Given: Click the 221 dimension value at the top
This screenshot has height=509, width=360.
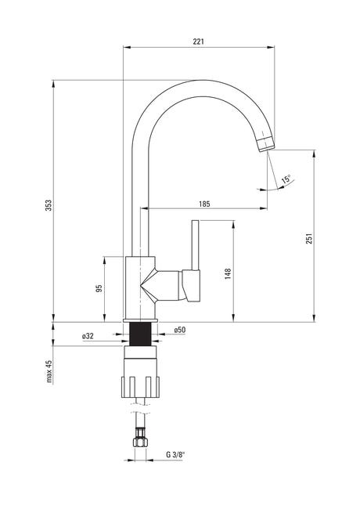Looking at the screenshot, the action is (199, 42).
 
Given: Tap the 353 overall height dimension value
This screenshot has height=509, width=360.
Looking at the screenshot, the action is (49, 205).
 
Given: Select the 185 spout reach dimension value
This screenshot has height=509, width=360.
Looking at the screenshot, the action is (204, 204).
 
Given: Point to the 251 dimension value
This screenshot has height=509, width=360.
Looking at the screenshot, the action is (309, 239).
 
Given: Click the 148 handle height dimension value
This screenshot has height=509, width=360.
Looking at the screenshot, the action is (228, 274).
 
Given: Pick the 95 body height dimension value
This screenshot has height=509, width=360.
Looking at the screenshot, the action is (99, 288).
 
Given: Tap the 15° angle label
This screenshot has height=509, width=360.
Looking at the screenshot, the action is (286, 179).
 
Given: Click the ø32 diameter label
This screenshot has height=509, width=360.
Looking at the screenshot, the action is (88, 336).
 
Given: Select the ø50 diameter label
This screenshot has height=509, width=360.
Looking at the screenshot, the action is (180, 330).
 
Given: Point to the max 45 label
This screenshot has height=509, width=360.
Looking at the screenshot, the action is (49, 371).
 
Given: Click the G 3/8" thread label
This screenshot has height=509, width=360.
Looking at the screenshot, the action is (175, 455).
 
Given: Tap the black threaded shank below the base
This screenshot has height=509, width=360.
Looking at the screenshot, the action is (140, 334).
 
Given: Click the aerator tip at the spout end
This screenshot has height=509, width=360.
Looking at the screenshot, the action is (266, 143).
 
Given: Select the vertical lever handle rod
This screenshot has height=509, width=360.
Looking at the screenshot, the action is (195, 245).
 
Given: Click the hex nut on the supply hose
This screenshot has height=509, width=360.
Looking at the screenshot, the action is (140, 442).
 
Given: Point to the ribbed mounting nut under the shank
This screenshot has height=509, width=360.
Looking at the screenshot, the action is (140, 387).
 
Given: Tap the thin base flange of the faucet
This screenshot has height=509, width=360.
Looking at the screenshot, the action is (140, 321).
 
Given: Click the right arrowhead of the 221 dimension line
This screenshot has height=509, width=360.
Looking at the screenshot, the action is (271, 48).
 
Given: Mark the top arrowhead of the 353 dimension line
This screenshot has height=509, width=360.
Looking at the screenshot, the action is (53, 84).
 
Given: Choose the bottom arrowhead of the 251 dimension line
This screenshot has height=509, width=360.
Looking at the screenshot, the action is (314, 318).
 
